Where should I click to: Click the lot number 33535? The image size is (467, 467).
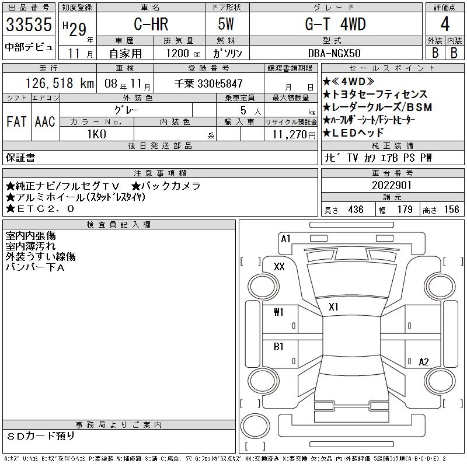click(29, 25)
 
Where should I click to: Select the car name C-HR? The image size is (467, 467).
click(151, 24)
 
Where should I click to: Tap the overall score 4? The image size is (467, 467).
click(445, 24)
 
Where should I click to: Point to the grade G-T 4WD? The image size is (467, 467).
click(335, 24)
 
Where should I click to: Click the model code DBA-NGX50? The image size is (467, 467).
click(334, 53)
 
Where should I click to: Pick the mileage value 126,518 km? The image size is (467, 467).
click(60, 83)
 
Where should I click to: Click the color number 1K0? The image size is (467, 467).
click(97, 134)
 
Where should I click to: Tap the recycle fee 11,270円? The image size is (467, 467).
click(294, 135)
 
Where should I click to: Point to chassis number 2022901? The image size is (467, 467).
click(392, 185)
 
